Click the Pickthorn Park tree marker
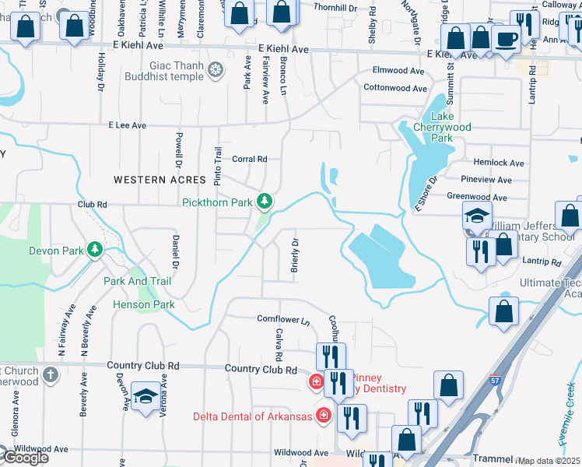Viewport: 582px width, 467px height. (265, 202)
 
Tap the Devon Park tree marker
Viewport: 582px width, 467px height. (95, 250)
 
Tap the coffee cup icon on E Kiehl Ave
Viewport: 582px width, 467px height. (507, 39)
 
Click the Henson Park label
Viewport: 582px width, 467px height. (144, 304)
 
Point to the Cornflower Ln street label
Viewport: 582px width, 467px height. (283, 319)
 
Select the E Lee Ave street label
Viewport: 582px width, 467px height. (128, 125)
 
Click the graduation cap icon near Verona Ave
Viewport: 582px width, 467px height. (145, 396)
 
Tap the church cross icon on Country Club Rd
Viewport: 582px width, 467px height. (51, 375)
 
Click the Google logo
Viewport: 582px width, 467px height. (25, 458)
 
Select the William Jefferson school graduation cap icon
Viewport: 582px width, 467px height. (476, 216)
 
